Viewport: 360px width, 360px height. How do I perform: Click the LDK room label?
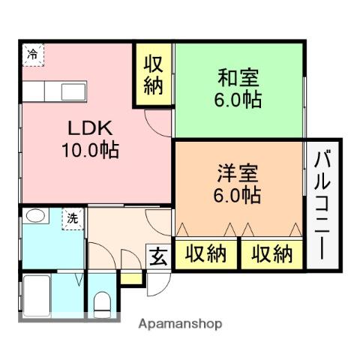[77, 126]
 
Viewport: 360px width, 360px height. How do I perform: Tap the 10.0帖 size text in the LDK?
[88, 149]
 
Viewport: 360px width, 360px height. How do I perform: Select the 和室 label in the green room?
[238, 76]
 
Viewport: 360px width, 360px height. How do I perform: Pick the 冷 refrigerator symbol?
[32, 54]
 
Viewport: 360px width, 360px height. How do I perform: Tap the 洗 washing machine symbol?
[72, 218]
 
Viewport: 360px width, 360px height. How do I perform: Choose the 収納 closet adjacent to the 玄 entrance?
[205, 254]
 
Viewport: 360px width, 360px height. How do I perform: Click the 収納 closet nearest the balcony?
[271, 254]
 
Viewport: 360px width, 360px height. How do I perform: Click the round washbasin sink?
[32, 217]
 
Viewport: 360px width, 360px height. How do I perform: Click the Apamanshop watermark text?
[181, 324]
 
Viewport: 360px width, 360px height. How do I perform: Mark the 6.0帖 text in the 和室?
[241, 100]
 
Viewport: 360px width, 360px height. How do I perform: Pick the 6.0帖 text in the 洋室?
[239, 196]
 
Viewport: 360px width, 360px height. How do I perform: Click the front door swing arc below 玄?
[157, 283]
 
